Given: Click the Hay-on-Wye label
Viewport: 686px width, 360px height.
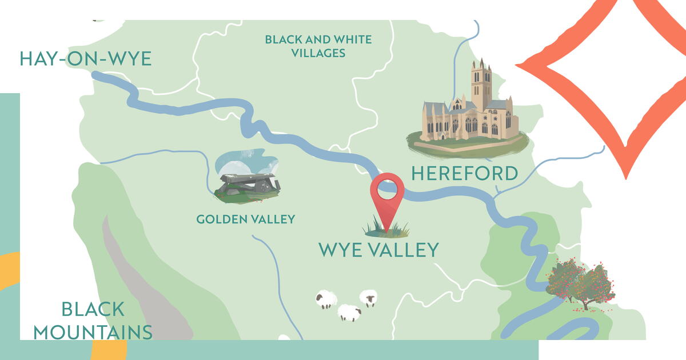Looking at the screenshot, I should tap(86, 59).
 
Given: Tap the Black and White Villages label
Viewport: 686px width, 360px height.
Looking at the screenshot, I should tap(318, 46).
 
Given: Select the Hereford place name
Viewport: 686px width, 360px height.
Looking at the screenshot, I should tap(464, 173).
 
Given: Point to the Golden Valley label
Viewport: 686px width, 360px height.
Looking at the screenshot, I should tap(245, 219).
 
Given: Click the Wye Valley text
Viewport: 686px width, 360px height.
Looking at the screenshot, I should tap(378, 250).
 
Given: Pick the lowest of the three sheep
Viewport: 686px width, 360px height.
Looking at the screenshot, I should tap(349, 313).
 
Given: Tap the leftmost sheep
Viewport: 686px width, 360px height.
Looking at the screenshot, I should tap(326, 299).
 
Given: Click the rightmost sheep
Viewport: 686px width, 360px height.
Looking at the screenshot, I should tap(369, 298).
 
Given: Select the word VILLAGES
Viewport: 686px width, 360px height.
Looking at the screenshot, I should tap(318, 53).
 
